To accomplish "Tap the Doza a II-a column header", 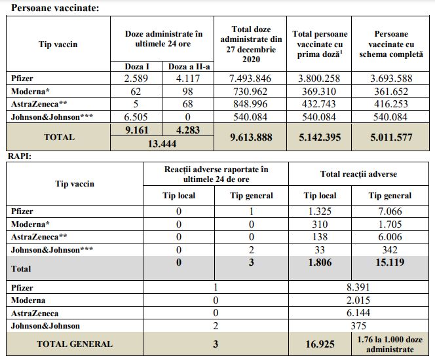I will (x=189, y=66).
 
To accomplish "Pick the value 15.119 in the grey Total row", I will (x=390, y=262).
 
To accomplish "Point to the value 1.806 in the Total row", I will (x=320, y=262).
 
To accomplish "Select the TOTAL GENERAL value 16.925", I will (x=320, y=343).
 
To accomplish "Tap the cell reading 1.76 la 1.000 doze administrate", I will (x=390, y=343).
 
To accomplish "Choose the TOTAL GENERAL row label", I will (x=74, y=343).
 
